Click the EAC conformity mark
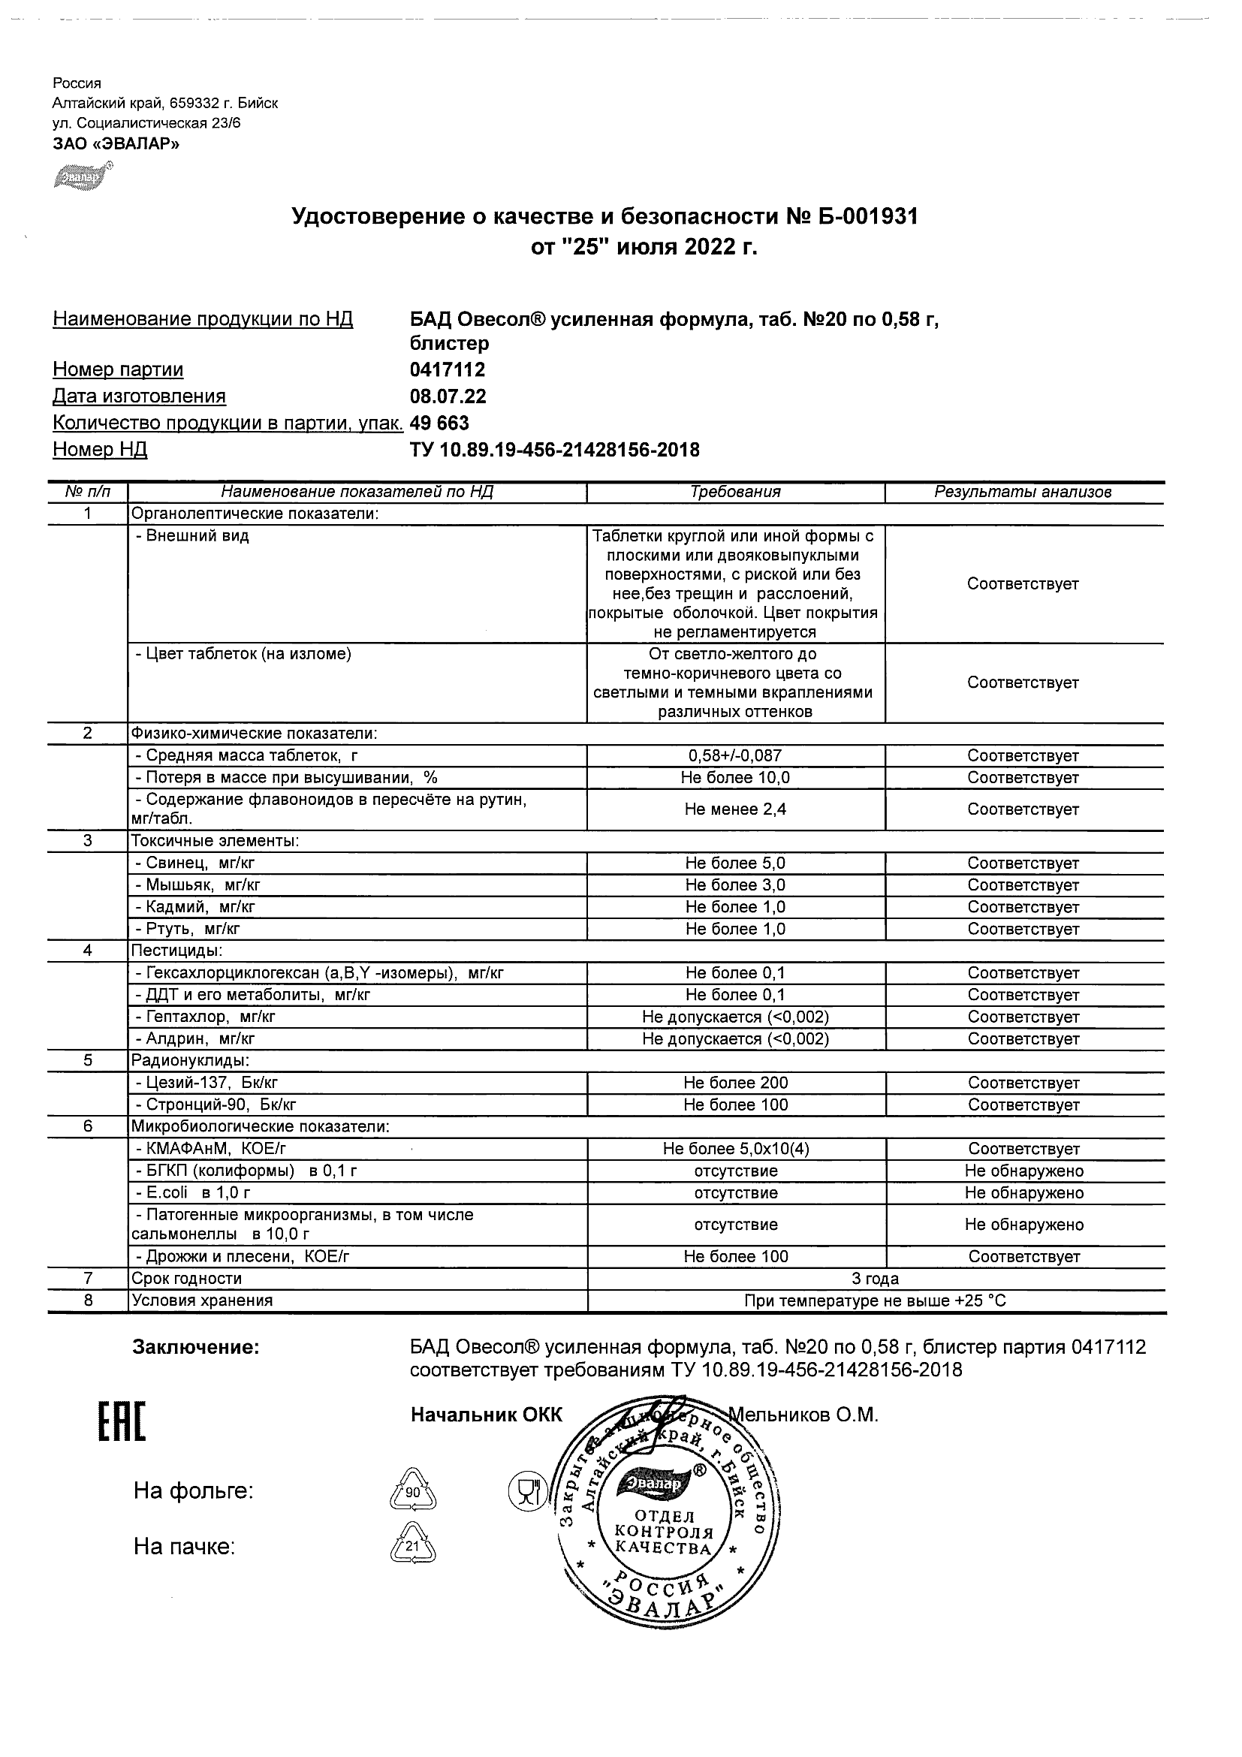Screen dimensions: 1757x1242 [121, 1423]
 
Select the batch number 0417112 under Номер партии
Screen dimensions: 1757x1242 [448, 369]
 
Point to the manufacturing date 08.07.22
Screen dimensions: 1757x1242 [448, 396]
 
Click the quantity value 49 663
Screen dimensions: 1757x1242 [439, 423]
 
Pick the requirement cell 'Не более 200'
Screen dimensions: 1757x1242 [735, 1083]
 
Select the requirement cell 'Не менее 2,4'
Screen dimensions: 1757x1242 [735, 809]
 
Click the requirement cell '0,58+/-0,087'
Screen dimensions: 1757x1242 [735, 756]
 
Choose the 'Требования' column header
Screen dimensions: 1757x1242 [735, 492]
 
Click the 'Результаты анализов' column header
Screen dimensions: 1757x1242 [1023, 492]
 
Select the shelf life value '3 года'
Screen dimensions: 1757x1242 [876, 1279]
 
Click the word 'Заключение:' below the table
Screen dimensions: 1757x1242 [197, 1348]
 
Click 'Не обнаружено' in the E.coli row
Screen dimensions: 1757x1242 [1024, 1192]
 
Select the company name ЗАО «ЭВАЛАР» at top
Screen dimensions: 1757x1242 [116, 143]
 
